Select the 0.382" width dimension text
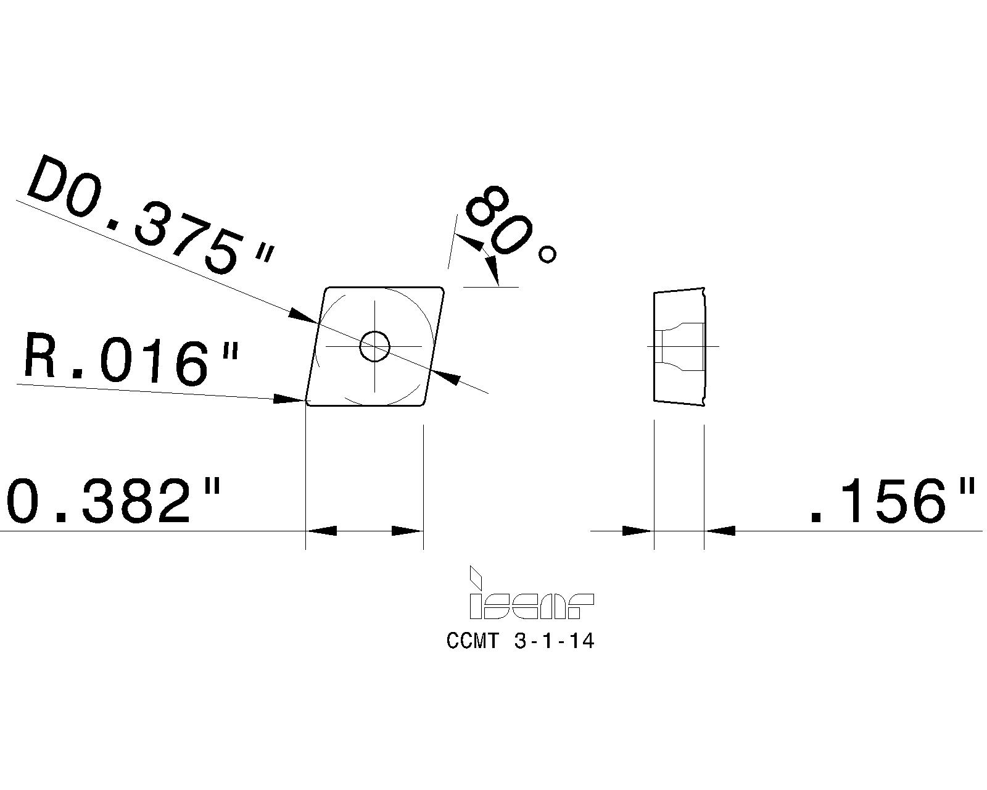[114, 501]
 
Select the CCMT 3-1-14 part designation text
[520, 641]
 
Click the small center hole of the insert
[374, 346]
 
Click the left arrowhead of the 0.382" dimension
[322, 530]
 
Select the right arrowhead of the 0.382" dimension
[407, 530]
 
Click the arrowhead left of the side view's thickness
[637, 530]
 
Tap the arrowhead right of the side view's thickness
[720, 530]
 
